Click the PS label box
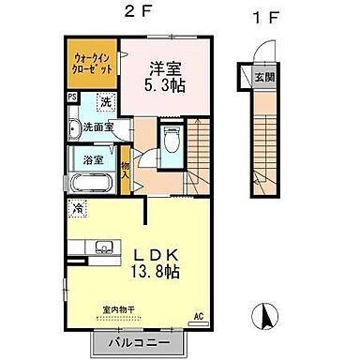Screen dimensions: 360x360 71,97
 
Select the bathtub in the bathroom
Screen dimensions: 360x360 90,181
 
